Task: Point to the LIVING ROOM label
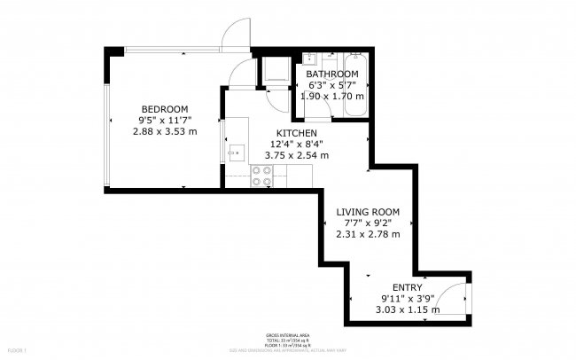(368, 212)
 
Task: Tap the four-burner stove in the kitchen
(261, 176)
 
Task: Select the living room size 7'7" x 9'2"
(368, 223)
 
